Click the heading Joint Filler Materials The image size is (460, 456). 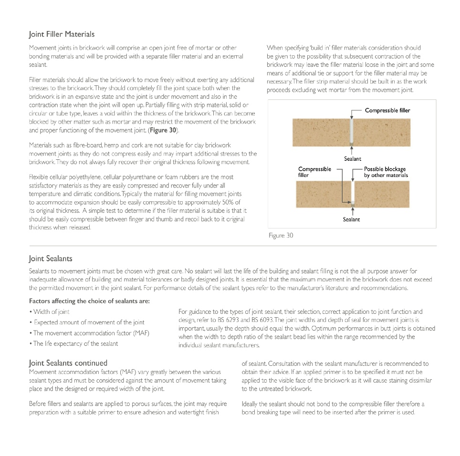[62, 34]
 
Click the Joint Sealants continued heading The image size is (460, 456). [68, 363]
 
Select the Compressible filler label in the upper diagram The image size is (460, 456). [387, 110]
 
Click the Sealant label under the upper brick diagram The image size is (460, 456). [353, 159]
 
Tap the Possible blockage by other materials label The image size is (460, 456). [386, 172]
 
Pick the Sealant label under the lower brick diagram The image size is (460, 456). [351, 219]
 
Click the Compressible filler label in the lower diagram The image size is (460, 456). [314, 172]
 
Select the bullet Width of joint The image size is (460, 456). [50, 311]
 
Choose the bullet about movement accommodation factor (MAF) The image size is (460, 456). [90, 333]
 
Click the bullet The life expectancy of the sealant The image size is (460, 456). [74, 343]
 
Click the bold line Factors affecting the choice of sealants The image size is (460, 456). [89, 301]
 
